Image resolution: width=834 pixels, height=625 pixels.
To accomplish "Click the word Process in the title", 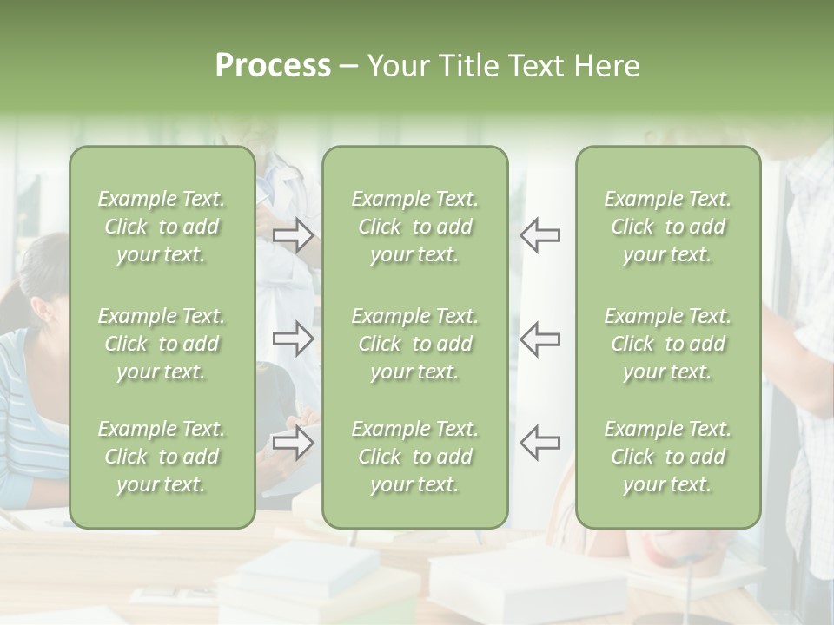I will pos(273,66).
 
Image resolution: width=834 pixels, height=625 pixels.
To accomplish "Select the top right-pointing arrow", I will pos(294,235).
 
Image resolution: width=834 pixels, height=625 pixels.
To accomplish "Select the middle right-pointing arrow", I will pos(294,338).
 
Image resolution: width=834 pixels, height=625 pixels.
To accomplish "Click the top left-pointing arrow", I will pos(539,235).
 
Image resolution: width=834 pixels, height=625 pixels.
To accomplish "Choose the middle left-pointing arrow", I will pos(539,338).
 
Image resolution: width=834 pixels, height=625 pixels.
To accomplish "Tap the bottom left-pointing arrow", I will pos(539,442).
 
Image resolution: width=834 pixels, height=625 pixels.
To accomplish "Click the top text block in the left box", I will pos(162,227).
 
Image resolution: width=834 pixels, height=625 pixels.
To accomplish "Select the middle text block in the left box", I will pos(162,344).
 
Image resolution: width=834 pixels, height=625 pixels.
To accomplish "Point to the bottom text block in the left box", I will pos(162,457).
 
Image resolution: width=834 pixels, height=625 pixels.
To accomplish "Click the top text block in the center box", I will pos(414,227).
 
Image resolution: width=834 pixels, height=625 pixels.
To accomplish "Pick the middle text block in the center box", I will pos(414,344).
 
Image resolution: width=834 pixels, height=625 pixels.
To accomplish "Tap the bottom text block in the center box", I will pos(414,457).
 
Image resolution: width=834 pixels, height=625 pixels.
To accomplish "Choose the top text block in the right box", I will pos(667,227).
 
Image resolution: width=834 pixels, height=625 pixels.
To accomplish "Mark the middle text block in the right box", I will pos(667,344).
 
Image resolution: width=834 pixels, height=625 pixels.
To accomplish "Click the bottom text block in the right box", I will pos(667,457).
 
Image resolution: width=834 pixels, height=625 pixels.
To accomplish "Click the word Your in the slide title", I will pos(400,66).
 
